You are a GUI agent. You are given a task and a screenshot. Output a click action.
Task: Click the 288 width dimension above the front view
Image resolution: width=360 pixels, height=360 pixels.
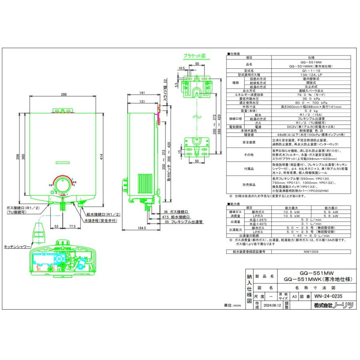point(64,95)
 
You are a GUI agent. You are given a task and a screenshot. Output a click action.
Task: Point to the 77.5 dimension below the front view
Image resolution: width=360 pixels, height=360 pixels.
point(72,226)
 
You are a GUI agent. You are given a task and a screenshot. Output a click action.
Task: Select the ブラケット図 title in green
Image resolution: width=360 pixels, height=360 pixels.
point(194,56)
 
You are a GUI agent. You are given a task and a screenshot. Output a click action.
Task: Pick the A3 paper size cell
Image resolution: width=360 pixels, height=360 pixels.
point(294,297)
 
